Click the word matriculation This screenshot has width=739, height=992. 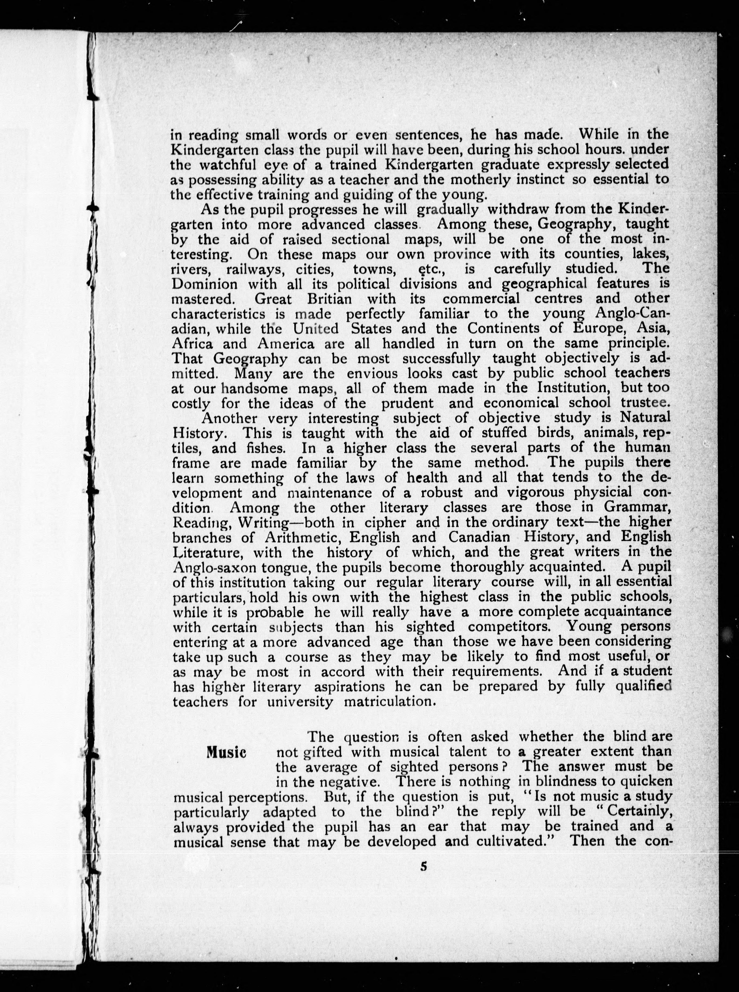pyautogui.click(x=389, y=701)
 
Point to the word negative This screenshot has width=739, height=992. pyautogui.click(x=349, y=782)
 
